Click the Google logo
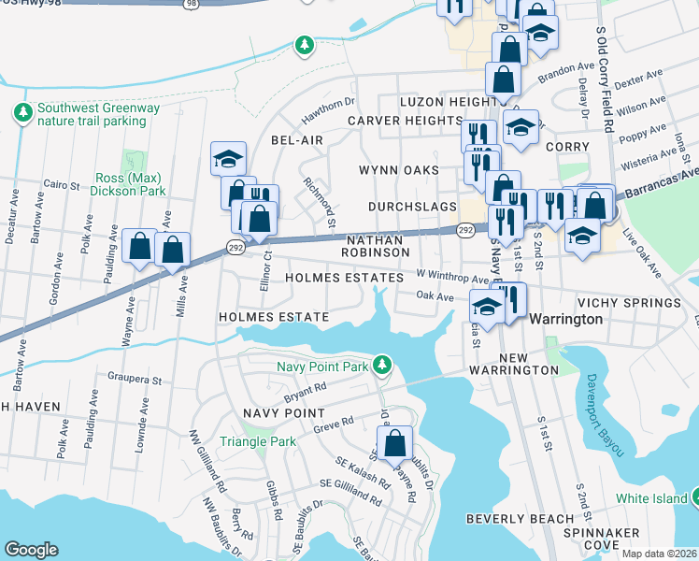point(31,550)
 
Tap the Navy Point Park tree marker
point(380,364)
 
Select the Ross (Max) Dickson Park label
point(129,184)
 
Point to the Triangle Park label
point(257,441)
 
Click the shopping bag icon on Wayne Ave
point(140,247)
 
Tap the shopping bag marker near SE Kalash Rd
point(395,443)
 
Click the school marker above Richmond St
point(227,159)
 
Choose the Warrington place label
point(565,319)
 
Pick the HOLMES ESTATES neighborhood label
point(344,278)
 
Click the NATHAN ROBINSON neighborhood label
point(373,246)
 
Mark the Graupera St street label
point(137,381)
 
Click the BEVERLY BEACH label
point(520,519)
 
